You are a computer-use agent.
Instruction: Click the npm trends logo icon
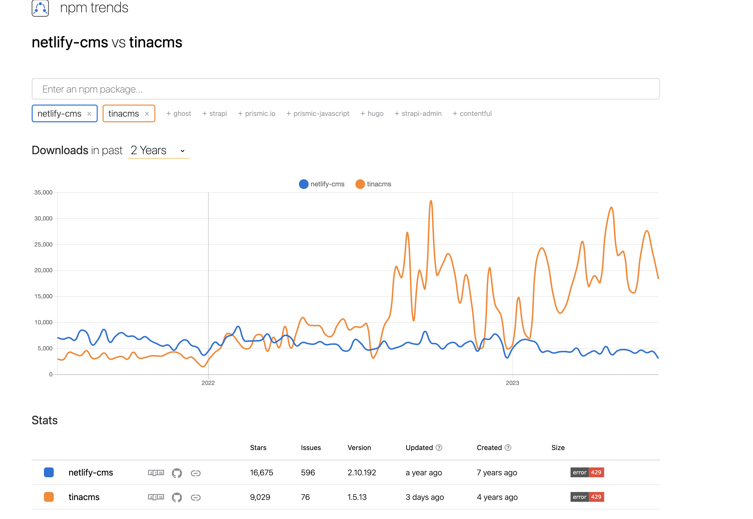(x=40, y=8)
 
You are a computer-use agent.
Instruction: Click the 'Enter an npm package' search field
(x=345, y=89)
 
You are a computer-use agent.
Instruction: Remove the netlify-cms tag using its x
(x=89, y=114)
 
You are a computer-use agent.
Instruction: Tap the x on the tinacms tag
(x=147, y=114)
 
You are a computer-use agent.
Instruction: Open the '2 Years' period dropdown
(x=158, y=150)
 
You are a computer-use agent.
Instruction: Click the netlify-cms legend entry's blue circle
(x=303, y=184)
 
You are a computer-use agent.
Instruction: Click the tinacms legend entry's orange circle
(x=360, y=184)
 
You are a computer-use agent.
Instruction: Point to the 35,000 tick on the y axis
(x=43, y=192)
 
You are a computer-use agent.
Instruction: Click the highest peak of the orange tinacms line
(x=431, y=201)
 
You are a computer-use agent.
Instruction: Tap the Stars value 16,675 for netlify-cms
(x=261, y=473)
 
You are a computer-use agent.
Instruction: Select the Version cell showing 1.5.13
(x=357, y=497)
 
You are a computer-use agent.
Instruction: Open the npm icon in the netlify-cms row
(x=156, y=473)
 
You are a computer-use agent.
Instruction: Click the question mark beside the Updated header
(x=439, y=448)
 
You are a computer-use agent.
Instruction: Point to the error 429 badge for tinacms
(x=587, y=497)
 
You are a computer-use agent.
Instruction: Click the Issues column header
(x=311, y=448)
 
